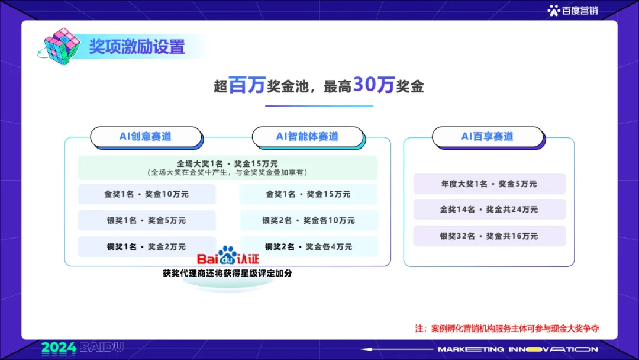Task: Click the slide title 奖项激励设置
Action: [137, 47]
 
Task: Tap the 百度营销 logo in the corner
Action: [572, 10]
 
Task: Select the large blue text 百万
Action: [247, 86]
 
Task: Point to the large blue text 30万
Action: [373, 86]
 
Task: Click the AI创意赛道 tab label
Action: [146, 136]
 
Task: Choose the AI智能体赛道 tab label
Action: [307, 136]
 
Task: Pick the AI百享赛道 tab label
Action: [487, 136]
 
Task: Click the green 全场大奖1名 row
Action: [228, 168]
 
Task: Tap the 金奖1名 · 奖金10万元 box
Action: [147, 194]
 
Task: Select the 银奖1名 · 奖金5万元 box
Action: [147, 220]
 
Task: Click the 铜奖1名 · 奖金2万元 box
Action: [147, 246]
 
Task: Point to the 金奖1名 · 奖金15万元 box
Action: [308, 194]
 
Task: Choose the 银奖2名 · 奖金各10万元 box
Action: [308, 220]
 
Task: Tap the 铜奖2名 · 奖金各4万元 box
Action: [308, 246]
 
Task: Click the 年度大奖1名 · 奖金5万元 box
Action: [489, 184]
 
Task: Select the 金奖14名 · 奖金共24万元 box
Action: [489, 210]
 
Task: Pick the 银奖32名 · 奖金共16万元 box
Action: [489, 236]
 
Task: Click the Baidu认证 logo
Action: [228, 257]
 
